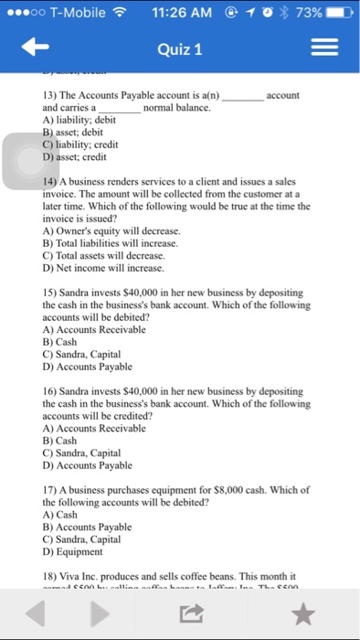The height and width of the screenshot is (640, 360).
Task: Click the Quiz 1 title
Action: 180,48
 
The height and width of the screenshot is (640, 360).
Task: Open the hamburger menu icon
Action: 324,48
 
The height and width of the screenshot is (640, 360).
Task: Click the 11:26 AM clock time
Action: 180,13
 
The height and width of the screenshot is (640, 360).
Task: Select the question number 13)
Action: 40,96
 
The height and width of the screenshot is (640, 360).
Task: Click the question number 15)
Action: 40,293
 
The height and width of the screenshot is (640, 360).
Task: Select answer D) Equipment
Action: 67,552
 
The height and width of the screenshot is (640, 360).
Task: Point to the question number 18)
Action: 40,576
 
